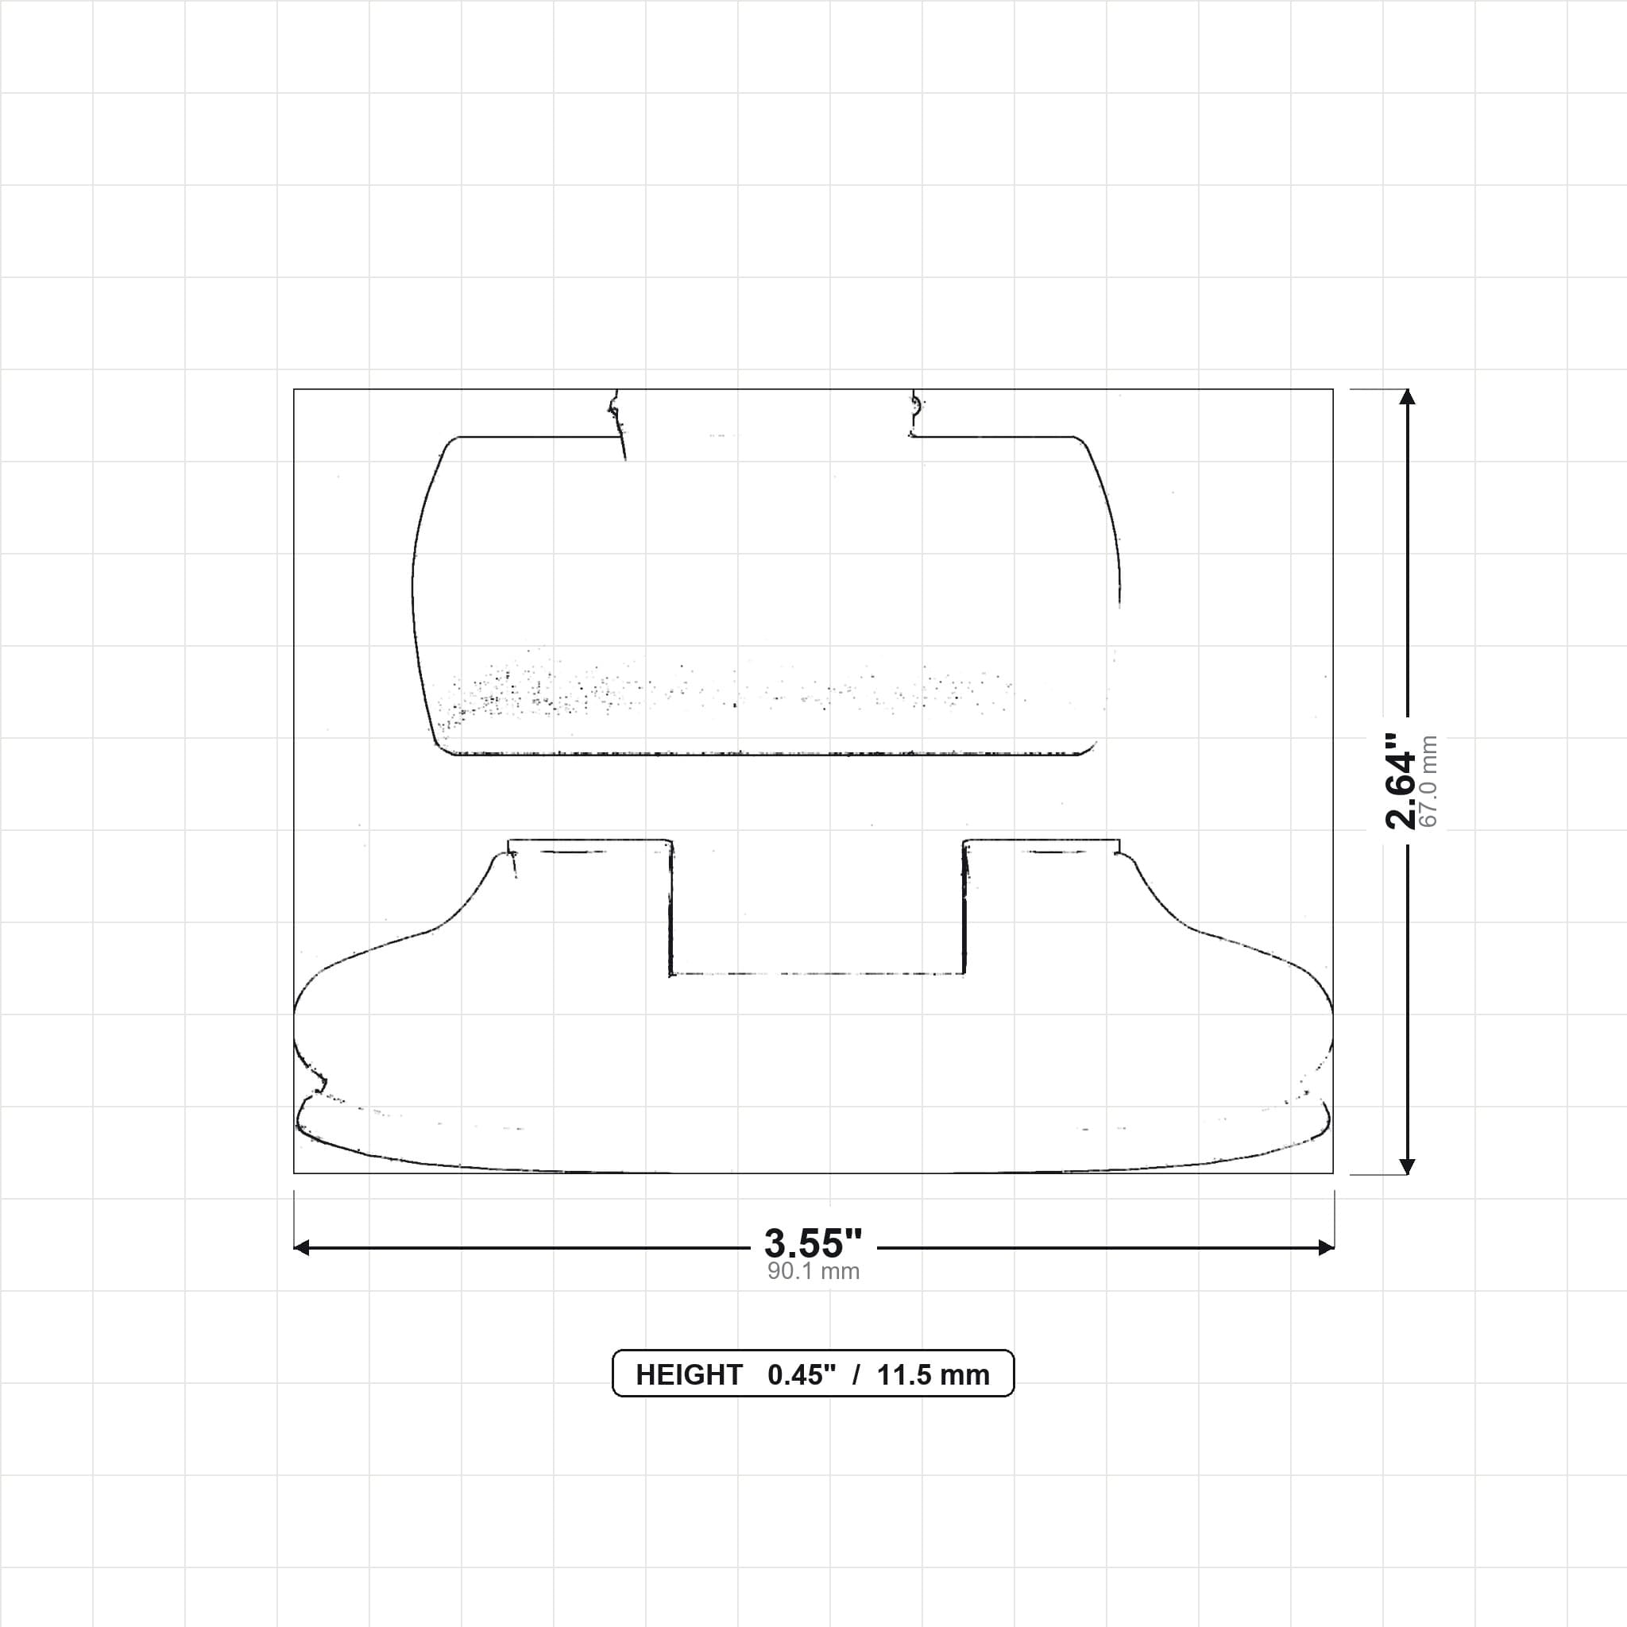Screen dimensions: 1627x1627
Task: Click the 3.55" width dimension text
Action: (x=813, y=1243)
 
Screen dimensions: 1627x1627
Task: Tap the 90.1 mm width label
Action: (x=813, y=1271)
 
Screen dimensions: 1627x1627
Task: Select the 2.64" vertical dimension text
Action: (x=1401, y=781)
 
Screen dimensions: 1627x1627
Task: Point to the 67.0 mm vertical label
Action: (x=1428, y=781)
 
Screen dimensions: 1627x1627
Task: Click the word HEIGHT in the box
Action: (x=689, y=1375)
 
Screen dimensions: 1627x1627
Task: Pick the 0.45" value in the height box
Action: (x=802, y=1375)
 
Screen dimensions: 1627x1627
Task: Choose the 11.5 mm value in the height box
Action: (x=933, y=1375)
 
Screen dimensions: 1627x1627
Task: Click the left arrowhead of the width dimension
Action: (x=301, y=1247)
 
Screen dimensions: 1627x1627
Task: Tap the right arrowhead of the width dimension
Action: (x=1326, y=1247)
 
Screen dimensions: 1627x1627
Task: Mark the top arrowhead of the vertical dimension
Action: (x=1406, y=396)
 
